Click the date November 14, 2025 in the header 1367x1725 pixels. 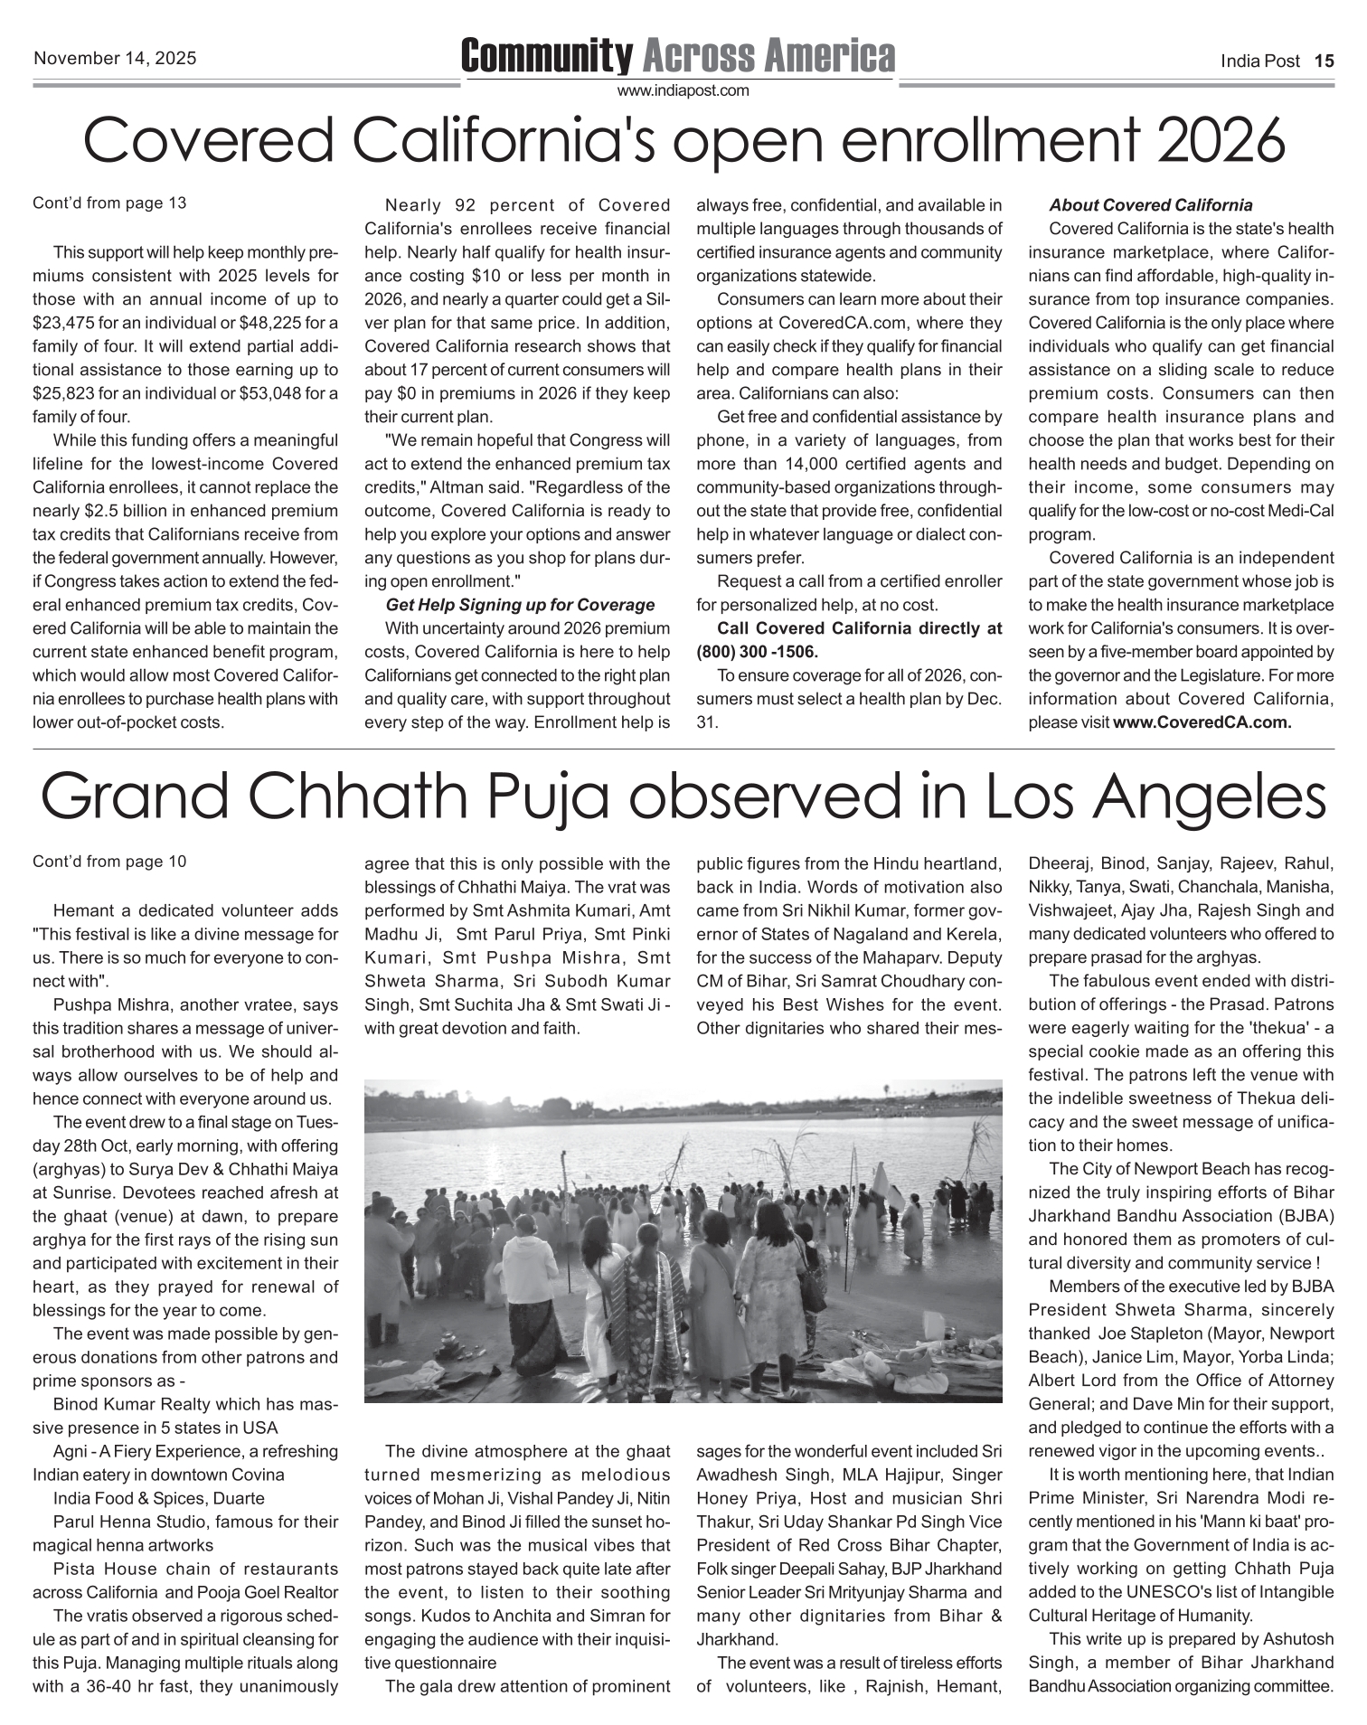coord(115,59)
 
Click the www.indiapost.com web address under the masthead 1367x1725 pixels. coord(683,90)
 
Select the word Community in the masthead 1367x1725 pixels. coord(547,56)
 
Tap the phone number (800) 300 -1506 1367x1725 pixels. coord(757,652)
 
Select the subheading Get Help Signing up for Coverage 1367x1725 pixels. coord(520,605)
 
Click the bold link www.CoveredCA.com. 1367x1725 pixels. coord(1202,722)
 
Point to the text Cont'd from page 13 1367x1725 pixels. coord(109,203)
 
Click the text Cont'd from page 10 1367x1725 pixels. coord(109,862)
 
